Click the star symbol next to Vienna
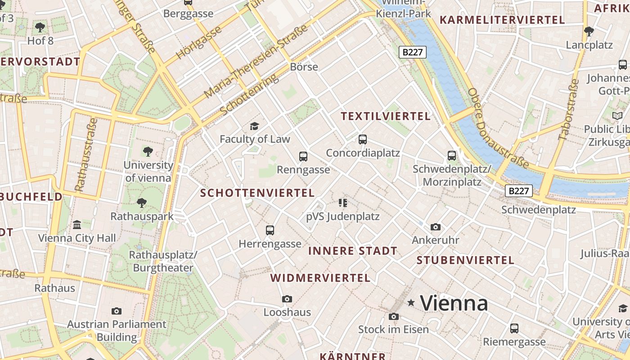coord(411,303)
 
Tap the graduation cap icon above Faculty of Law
coord(255,126)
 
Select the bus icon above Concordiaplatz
coord(363,139)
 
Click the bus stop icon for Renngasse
coord(303,157)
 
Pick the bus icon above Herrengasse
coord(270,230)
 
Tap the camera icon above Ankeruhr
coord(435,227)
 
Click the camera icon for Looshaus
coord(287,299)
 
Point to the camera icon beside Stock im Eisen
coord(394,316)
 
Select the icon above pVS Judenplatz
coord(343,203)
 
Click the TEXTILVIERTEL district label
coord(386,117)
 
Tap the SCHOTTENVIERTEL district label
coord(257,193)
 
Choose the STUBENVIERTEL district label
coord(465,260)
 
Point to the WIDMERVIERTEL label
coord(320,278)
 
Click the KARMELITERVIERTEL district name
coord(502,20)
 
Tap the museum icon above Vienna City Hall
coord(77,225)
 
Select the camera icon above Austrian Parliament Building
coord(117,311)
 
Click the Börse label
coord(304,67)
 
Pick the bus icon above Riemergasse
coord(514,328)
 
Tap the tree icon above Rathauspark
coord(142,203)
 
